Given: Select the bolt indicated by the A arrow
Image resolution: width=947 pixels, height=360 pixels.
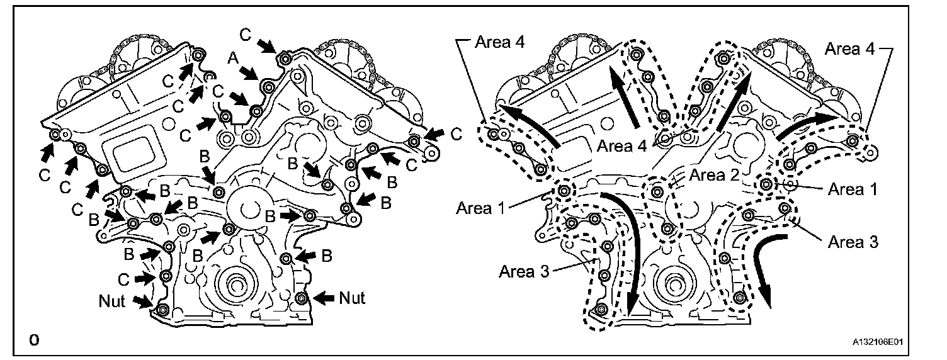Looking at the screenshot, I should [x=269, y=86].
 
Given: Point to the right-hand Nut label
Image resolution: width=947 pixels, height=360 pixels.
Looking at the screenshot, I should [x=353, y=297].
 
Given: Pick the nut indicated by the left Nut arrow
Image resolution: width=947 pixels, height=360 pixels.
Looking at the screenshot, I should [x=162, y=310].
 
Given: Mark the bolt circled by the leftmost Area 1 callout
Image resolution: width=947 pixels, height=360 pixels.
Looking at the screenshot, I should [x=564, y=190].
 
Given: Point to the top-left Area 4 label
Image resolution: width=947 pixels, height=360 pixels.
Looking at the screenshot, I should [x=499, y=42].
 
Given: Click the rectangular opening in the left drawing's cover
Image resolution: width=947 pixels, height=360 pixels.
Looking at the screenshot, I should [x=135, y=154].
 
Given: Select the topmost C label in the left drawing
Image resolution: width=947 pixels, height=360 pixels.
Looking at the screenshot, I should [x=247, y=35].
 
